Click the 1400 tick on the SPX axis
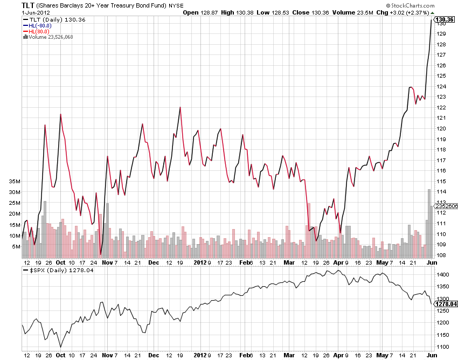(443, 275)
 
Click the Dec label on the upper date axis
(154, 262)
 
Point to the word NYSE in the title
(175, 5)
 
